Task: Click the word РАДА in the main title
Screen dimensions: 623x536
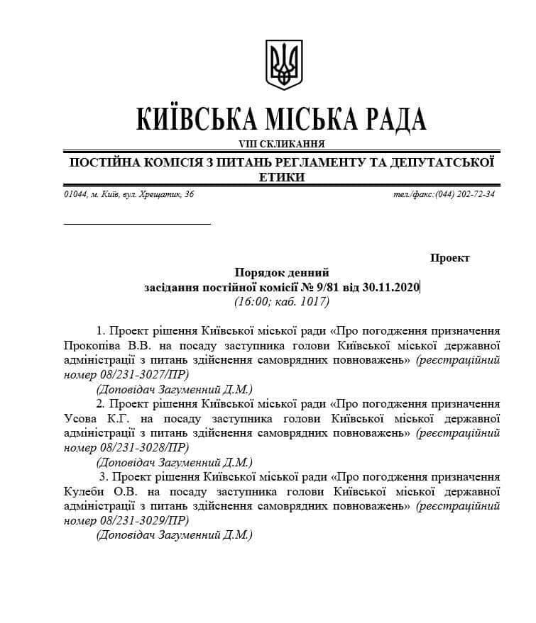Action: coord(388,118)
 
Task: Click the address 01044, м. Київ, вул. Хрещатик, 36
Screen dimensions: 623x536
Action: coord(128,193)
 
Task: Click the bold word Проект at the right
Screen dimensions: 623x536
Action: coord(449,258)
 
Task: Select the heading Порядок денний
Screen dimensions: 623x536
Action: coord(282,273)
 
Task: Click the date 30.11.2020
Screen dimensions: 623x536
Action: coord(393,287)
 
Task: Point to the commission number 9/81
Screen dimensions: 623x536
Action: coord(332,287)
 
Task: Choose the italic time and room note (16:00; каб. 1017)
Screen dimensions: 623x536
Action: coord(282,302)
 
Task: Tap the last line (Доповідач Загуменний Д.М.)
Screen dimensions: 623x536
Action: coord(174,534)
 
